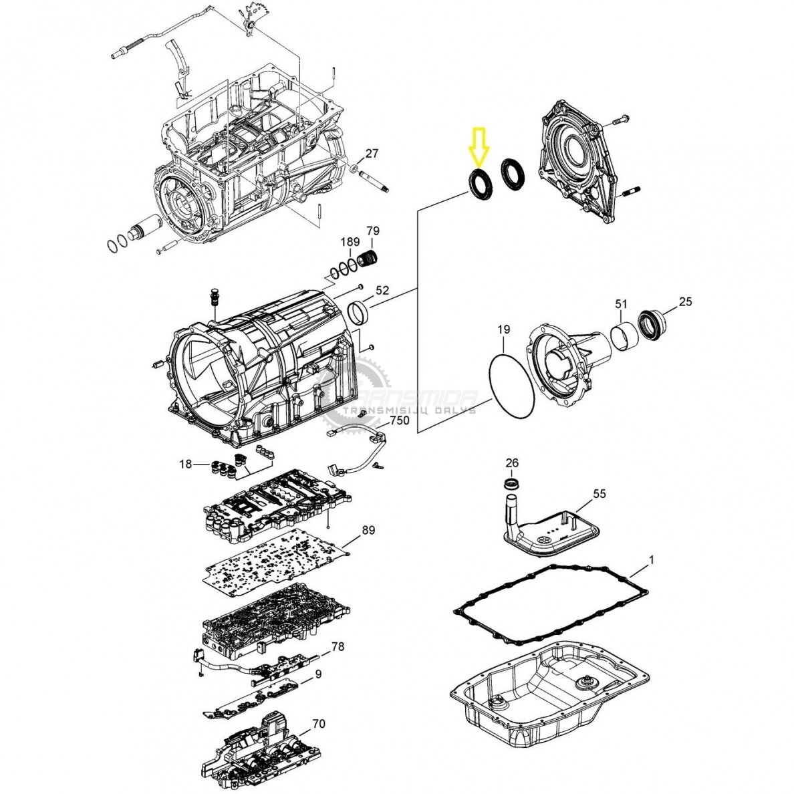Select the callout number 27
372,154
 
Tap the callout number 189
350,242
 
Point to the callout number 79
373,231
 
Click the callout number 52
382,290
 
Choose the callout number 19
503,329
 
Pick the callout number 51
622,304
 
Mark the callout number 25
685,302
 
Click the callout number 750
400,421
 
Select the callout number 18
186,464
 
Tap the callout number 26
512,462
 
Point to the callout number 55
599,493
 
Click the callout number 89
368,530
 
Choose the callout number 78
338,647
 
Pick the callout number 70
319,724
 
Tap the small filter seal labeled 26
513,483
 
